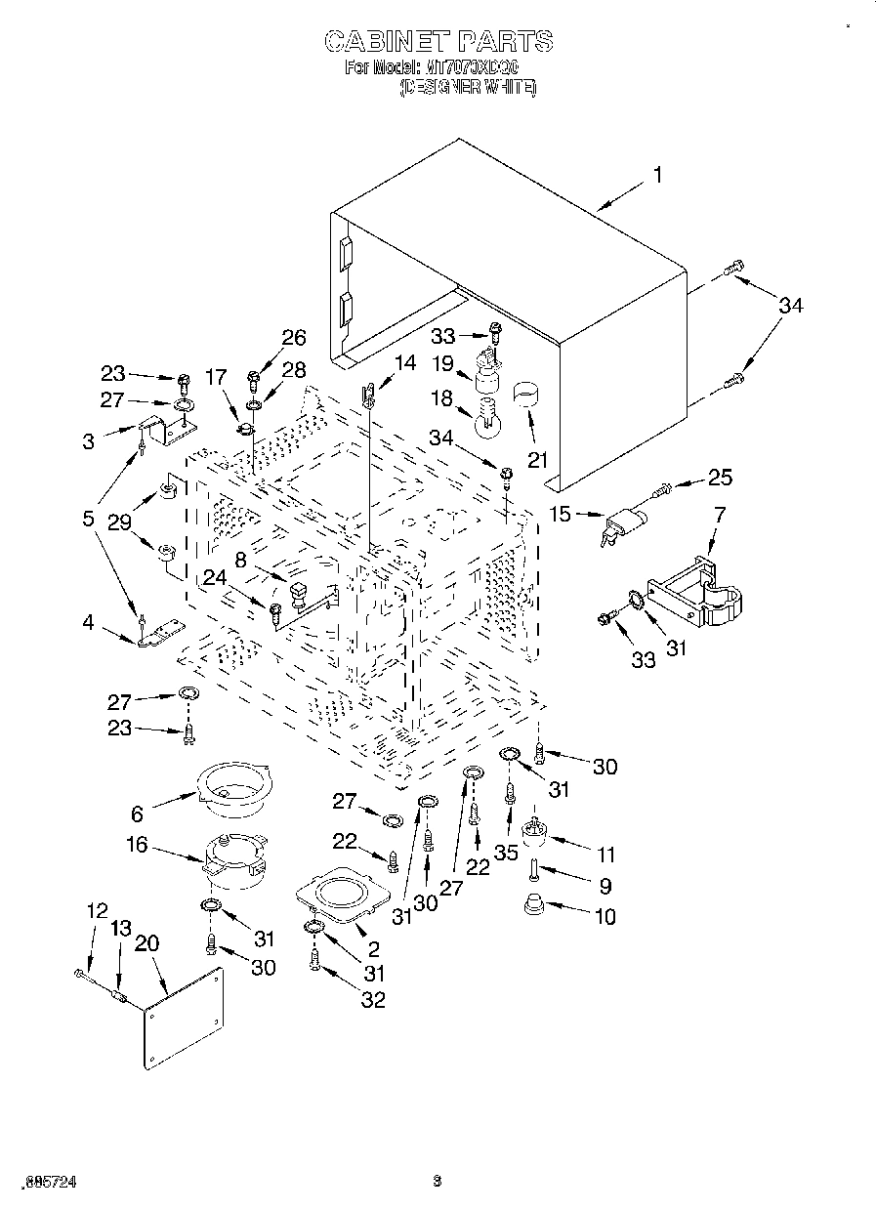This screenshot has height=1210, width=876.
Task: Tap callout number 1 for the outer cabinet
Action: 657,175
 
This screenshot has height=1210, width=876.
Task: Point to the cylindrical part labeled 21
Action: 528,395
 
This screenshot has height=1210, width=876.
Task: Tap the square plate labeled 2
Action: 336,893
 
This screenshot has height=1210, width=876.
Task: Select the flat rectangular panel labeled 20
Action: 184,1019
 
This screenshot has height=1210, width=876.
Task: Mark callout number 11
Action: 605,855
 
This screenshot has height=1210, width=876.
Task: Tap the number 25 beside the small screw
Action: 719,478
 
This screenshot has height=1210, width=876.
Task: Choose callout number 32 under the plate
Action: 372,999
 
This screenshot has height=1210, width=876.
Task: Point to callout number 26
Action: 293,338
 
